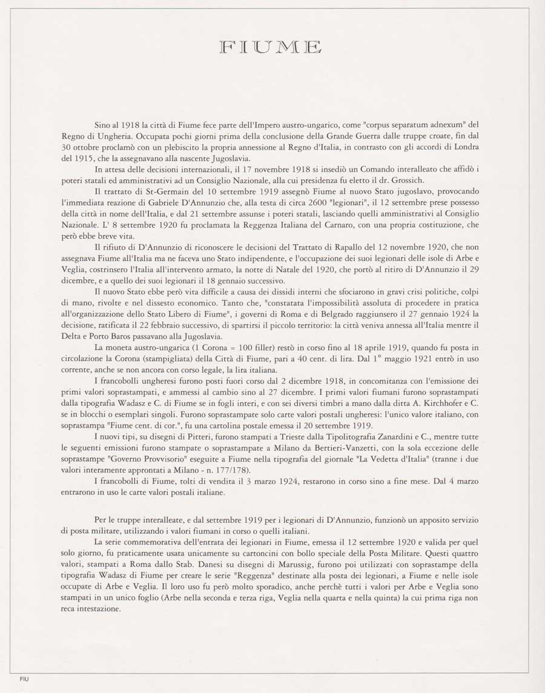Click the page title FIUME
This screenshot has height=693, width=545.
[x=271, y=47]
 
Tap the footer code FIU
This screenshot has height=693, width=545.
[x=24, y=679]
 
